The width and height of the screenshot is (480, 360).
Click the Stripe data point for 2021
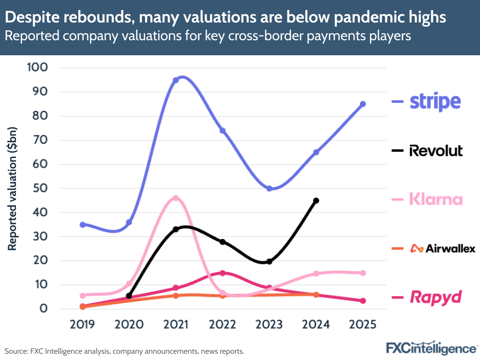coord(176,80)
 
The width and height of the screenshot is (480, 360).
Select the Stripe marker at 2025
coord(363,104)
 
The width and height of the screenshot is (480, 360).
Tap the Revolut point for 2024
coord(316,200)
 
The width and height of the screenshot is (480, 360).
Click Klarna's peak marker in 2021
coord(176,198)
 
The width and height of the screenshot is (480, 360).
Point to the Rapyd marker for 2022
coord(222,273)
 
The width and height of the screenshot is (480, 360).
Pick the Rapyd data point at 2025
coord(363,301)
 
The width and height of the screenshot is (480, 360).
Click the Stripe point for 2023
coord(269,188)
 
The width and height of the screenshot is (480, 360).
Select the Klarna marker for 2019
coord(83,296)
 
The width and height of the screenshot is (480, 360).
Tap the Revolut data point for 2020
coord(129,296)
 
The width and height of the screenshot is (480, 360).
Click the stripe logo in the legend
coord(435,101)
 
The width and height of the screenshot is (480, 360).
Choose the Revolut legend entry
coord(436,150)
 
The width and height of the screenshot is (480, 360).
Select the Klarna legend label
coord(436,199)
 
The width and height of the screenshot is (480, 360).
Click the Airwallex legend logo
coord(443,248)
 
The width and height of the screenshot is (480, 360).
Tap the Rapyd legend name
coord(435,297)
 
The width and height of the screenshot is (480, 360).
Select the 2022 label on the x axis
coord(222,324)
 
